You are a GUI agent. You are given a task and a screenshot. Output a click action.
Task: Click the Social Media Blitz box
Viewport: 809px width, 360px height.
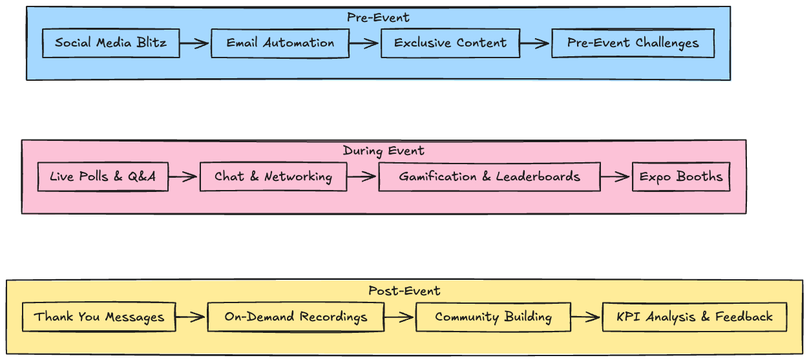coord(110,43)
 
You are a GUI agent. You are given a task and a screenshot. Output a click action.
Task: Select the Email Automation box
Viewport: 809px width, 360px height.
coord(280,43)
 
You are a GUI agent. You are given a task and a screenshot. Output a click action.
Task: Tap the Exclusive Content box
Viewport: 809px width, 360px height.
coord(450,43)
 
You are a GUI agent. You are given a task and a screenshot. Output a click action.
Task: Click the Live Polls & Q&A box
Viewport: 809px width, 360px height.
coord(103,176)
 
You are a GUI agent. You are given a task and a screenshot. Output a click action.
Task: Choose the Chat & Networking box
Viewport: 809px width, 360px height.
coord(273,176)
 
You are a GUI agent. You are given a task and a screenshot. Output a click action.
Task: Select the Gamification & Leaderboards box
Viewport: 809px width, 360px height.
coord(489,176)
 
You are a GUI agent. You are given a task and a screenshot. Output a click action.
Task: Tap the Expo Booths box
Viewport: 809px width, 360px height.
coord(680,176)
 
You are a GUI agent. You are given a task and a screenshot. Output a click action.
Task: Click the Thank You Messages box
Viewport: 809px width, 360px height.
coord(99,317)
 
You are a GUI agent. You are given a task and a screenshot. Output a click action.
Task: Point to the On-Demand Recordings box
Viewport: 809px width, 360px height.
coord(295,317)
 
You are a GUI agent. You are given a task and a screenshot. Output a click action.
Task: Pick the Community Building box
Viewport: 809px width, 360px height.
coord(493,317)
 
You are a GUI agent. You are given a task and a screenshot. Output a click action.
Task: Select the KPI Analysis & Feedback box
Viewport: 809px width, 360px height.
coord(694,317)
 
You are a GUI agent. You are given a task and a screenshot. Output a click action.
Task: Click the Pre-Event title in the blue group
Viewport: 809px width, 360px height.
coord(378,17)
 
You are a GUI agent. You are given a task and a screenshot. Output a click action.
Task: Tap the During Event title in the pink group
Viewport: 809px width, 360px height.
coord(383,151)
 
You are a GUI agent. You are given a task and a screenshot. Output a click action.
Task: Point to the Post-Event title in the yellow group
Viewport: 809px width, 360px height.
coord(404,291)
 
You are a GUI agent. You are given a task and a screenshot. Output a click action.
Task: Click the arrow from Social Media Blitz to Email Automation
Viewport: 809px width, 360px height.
coord(195,43)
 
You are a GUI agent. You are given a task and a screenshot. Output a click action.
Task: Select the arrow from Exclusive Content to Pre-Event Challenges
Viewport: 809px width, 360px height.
coord(535,43)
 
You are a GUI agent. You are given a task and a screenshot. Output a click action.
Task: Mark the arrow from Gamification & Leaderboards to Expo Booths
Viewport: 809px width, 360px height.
coord(616,176)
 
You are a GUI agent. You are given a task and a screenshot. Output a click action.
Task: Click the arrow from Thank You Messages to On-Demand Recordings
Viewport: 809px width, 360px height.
coord(191,317)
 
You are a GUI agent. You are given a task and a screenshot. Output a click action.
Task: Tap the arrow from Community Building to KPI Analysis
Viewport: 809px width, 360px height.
coord(586,317)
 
